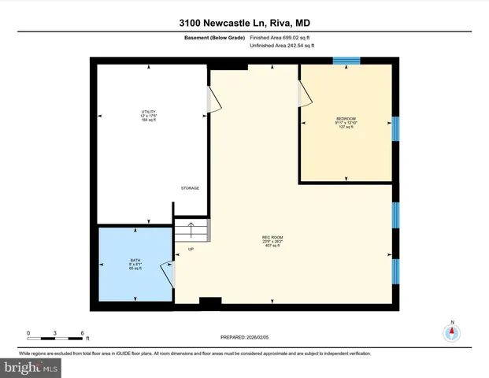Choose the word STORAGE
[190, 188]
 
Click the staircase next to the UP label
[192, 232]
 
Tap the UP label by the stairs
[191, 250]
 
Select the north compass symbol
[452, 332]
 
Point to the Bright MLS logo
[31, 368]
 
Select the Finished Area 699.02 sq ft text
[281, 38]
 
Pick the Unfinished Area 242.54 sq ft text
[281, 46]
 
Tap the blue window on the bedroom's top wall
[346, 61]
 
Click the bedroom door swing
[304, 94]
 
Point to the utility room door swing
[211, 101]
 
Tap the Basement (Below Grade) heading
[213, 38]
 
